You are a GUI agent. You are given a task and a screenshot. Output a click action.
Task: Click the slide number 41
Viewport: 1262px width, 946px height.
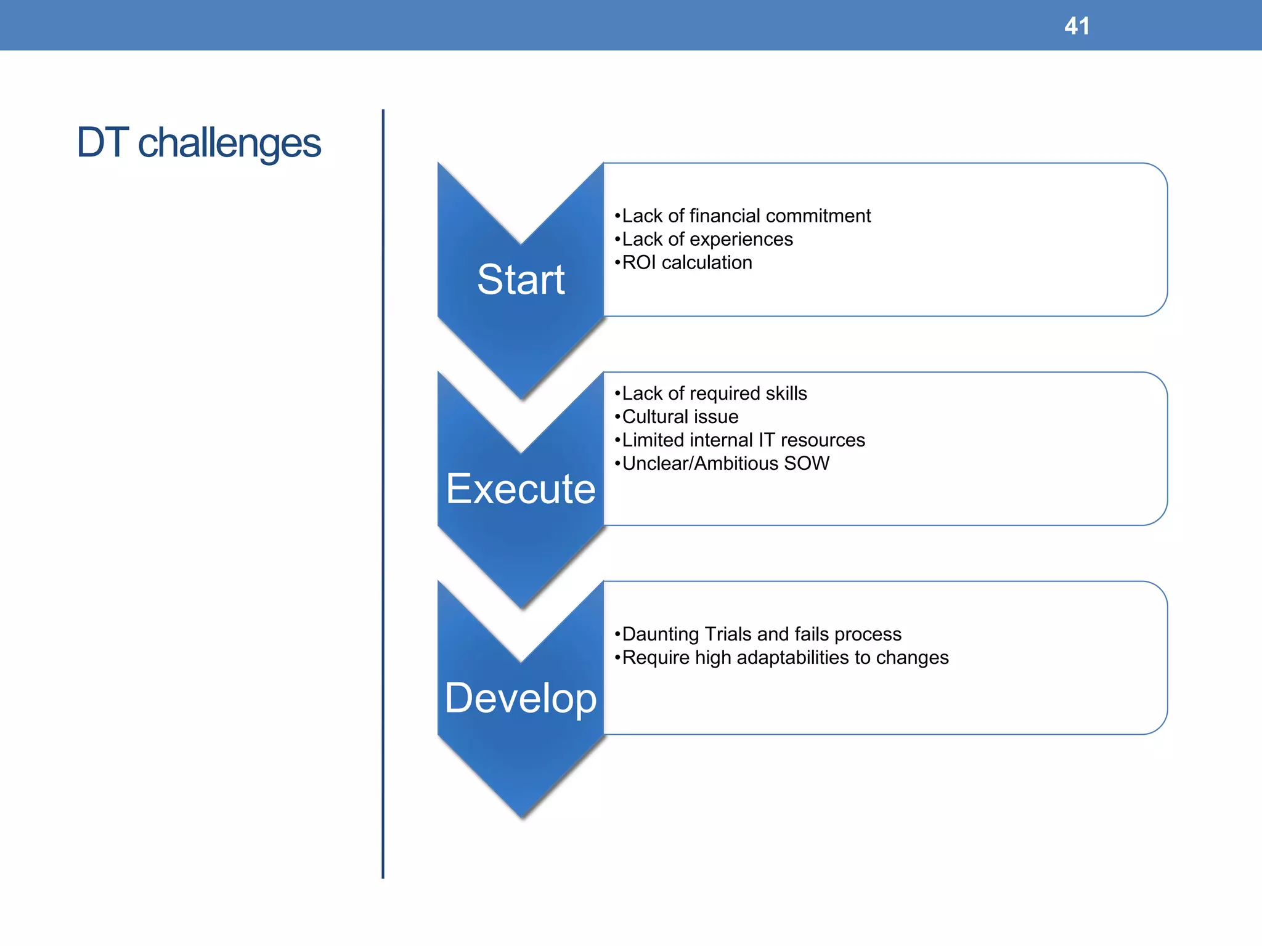[1077, 26]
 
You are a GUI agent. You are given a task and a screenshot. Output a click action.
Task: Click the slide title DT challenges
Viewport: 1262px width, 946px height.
[198, 143]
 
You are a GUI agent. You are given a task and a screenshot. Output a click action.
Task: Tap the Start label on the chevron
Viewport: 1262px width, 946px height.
[521, 280]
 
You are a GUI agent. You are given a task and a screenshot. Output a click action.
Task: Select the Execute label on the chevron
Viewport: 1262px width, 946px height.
[521, 489]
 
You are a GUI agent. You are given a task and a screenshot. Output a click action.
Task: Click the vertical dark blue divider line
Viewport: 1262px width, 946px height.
[383, 493]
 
